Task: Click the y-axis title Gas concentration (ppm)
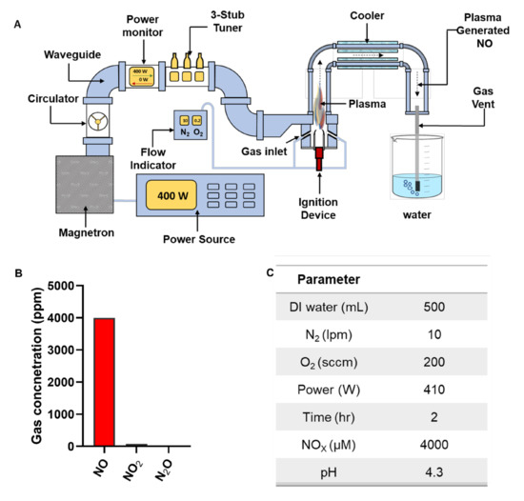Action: (18, 364)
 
